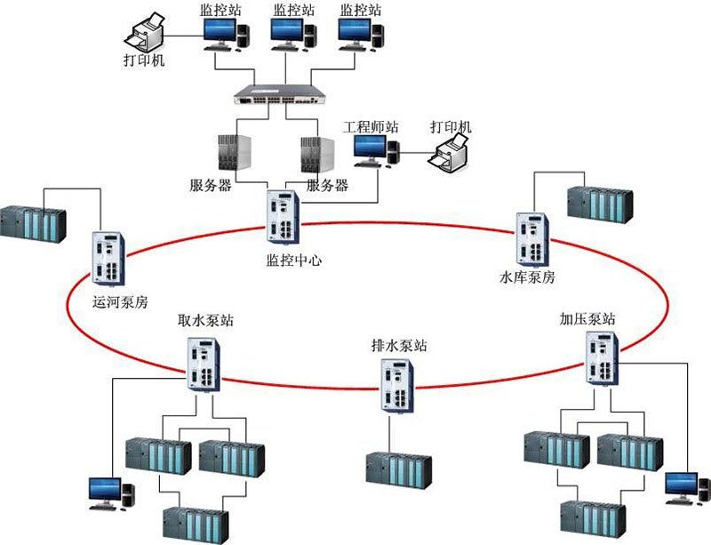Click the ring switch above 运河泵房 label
(x=108, y=258)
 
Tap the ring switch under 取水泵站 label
(x=203, y=363)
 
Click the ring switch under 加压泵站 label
(x=602, y=357)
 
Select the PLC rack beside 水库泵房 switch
(x=601, y=204)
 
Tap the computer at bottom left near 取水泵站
(x=108, y=492)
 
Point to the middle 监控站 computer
(x=286, y=34)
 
